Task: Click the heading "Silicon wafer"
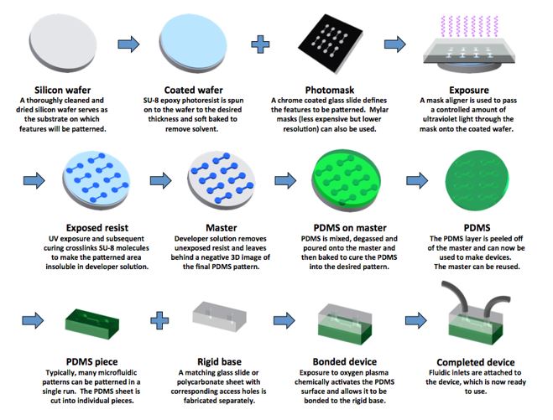tap(62, 91)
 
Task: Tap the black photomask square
tap(331, 44)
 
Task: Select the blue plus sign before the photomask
tap(260, 44)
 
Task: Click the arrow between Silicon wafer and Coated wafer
tap(128, 44)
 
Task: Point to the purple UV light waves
tap(469, 26)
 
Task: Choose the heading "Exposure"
tap(469, 91)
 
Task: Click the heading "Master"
tap(222, 228)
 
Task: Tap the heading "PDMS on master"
tap(350, 228)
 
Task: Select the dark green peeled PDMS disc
tap(477, 180)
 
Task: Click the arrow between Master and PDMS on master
tap(285, 180)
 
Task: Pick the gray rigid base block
tap(219, 316)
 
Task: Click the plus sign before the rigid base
tap(159, 320)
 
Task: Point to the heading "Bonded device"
tap(345, 362)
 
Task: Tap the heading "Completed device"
tap(476, 362)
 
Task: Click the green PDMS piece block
tap(92, 324)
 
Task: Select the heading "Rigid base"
tap(219, 362)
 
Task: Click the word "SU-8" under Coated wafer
tap(151, 101)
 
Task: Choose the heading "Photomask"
tap(330, 91)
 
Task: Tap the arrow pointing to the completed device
tap(416, 320)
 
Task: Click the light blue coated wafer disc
tap(193, 43)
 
